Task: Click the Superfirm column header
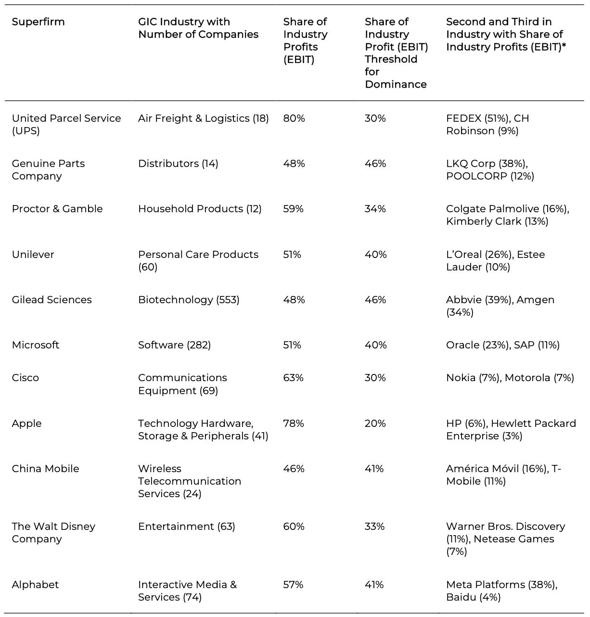38,22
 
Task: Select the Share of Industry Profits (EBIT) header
305,40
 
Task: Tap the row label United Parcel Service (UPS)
66,124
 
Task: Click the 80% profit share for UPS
294,118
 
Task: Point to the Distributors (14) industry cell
178,164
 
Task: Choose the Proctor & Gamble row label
57,209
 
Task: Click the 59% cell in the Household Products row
294,209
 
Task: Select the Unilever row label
33,255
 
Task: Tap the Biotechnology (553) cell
189,300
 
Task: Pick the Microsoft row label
36,345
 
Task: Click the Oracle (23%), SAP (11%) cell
503,345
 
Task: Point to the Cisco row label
26,378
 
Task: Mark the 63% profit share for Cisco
294,378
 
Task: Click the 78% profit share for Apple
294,424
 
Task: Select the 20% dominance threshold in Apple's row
375,424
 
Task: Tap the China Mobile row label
46,469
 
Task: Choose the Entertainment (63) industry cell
187,527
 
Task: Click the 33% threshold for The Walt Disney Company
375,527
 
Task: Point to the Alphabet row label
35,585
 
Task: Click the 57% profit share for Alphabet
294,585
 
